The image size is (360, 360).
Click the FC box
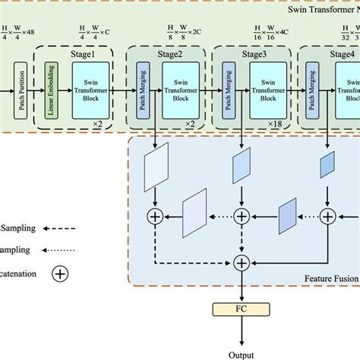pos(242,309)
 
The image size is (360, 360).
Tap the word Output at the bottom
pos(242,352)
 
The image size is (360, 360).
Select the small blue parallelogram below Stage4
pos(327,165)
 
